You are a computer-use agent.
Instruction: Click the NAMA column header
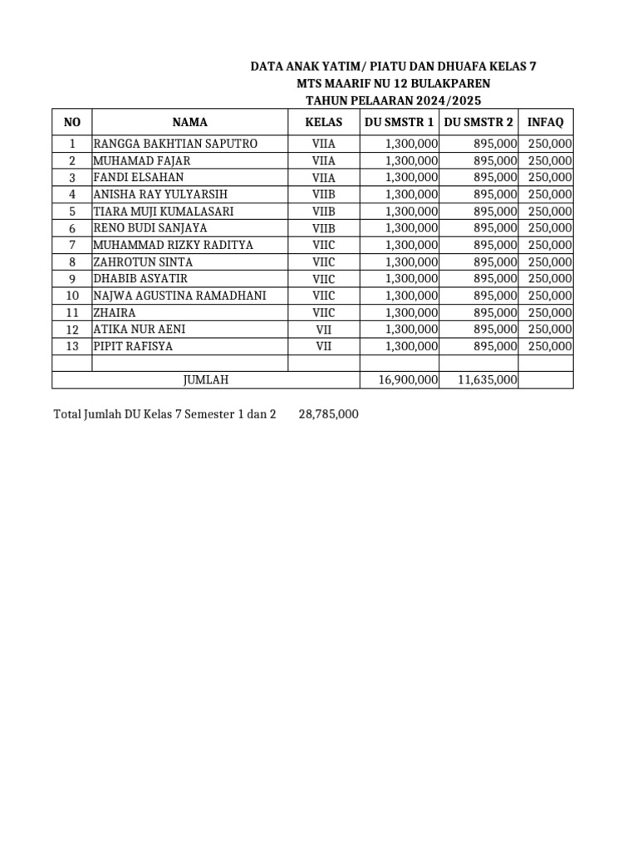pos(189,122)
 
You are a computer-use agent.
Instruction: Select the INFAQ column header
pos(546,122)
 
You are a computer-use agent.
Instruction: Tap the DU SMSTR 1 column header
pos(399,122)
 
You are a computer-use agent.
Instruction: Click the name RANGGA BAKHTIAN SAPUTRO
pos(175,144)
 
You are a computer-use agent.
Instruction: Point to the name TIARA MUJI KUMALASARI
pos(163,211)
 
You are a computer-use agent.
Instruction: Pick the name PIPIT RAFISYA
pos(133,346)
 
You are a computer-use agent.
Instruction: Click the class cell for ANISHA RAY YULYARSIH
pos(323,194)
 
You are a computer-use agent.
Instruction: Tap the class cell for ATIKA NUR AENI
pos(323,330)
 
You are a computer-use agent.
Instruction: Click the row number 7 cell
pos(72,245)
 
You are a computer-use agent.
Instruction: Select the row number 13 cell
pos(72,346)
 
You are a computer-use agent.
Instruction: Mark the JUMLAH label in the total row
pos(205,380)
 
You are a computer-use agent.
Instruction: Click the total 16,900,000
pos(408,380)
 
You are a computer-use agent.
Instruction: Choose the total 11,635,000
pos(488,380)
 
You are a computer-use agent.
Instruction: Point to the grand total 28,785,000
pos(328,413)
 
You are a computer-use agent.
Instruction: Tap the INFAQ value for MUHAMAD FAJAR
pos(550,160)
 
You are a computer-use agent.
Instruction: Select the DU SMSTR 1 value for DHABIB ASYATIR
pos(411,279)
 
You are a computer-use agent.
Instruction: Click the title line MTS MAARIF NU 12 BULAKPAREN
pos(393,83)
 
